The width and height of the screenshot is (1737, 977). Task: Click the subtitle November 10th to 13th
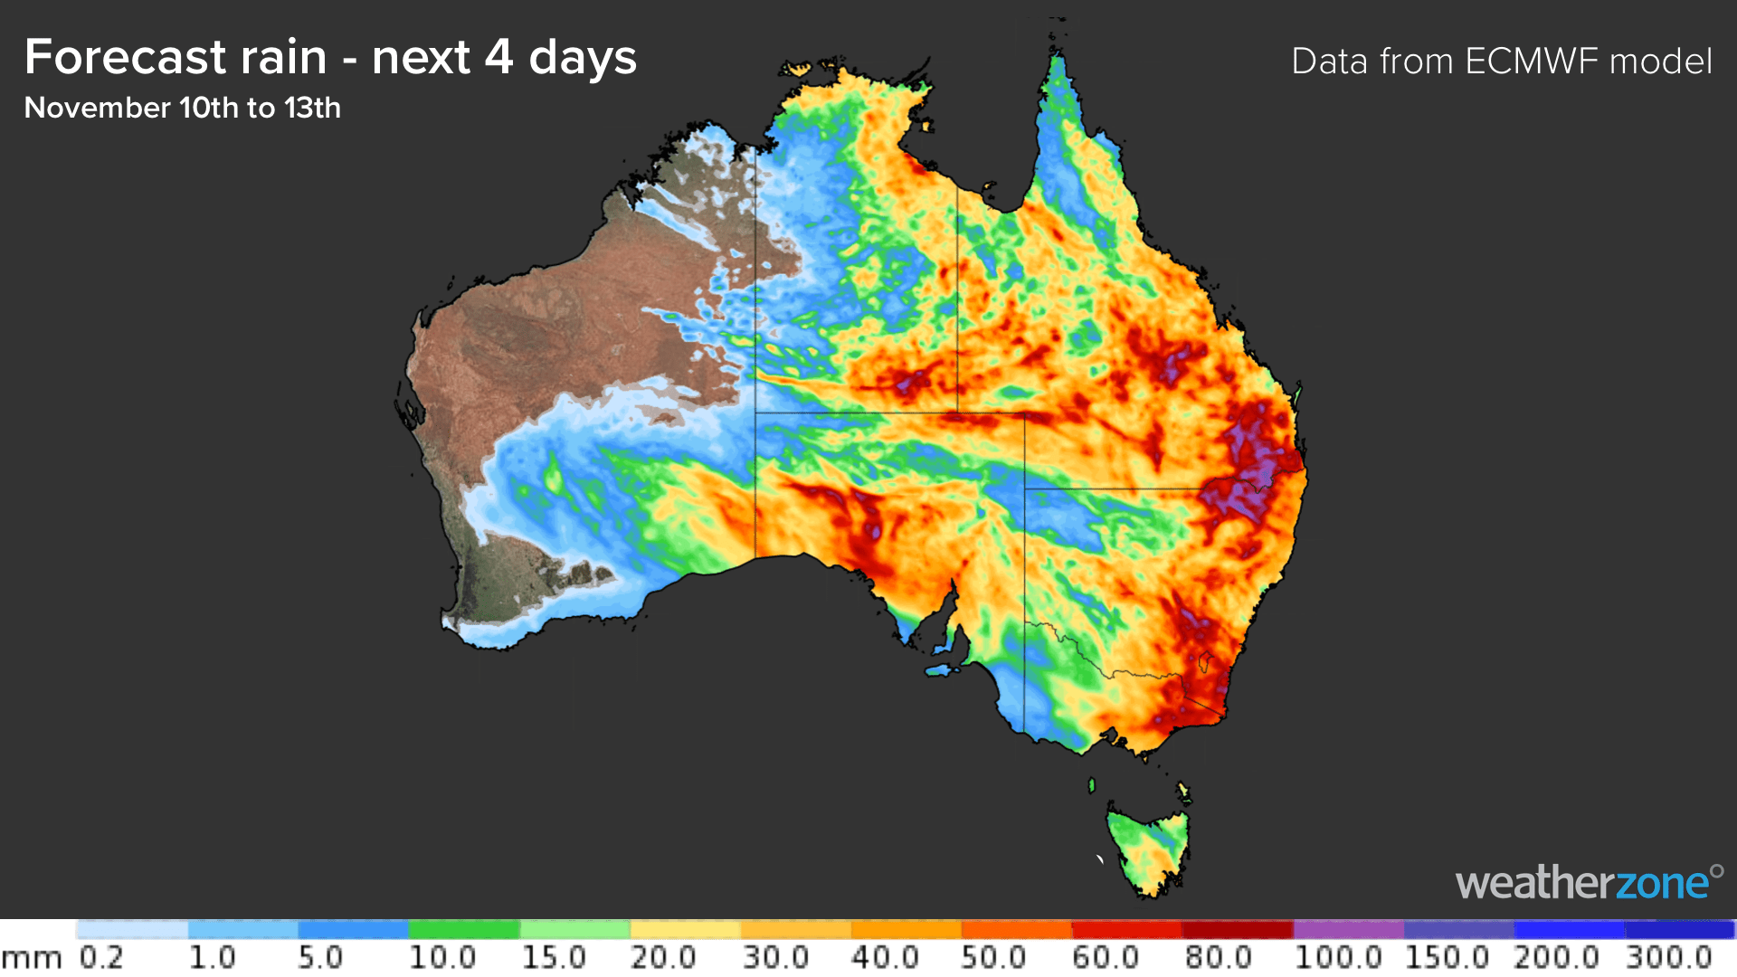click(182, 108)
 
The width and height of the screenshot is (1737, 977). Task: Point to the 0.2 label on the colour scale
click(100, 957)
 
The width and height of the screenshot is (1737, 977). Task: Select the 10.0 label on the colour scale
click(441, 957)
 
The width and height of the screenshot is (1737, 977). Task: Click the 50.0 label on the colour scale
click(993, 957)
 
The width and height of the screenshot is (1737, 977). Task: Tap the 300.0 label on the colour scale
click(1668, 957)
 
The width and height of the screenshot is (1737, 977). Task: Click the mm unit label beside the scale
click(31, 959)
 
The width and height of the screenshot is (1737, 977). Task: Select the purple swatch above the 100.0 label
click(1348, 930)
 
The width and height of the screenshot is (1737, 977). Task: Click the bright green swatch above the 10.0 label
click(463, 930)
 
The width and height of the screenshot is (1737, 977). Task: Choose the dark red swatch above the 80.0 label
click(1238, 930)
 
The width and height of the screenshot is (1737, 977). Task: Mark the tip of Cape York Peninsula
click(1057, 56)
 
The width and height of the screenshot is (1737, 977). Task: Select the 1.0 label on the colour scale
click(212, 957)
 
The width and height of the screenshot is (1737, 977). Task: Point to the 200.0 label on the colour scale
click(1556, 957)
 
